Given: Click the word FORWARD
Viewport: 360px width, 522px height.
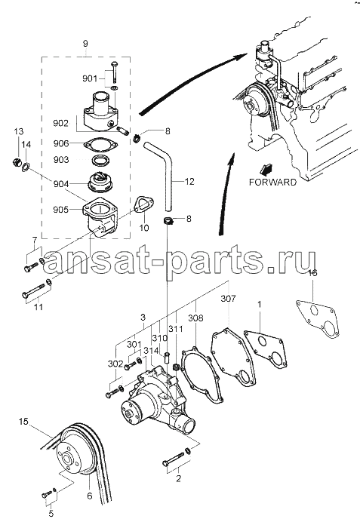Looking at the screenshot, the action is click(272, 182).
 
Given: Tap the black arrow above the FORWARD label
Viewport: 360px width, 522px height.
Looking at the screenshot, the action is click(266, 169).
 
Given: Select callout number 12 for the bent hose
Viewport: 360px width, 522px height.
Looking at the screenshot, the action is click(189, 182).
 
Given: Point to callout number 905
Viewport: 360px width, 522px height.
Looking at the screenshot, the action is click(60, 210).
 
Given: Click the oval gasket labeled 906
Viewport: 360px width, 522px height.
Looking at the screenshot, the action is click(100, 145).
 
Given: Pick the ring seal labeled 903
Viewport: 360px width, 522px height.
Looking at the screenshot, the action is click(100, 161).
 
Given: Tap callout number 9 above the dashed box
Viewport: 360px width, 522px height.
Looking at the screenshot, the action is click(85, 43).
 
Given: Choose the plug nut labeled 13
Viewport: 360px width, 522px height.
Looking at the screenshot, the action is click(16, 162).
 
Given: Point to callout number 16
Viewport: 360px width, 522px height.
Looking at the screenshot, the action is click(312, 273).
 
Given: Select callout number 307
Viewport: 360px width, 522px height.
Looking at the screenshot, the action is click(228, 299).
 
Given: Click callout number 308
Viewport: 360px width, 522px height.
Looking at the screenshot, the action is click(195, 318).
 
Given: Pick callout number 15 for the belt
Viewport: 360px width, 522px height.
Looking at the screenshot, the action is click(23, 422).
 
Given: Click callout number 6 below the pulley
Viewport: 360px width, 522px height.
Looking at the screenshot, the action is click(89, 496).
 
